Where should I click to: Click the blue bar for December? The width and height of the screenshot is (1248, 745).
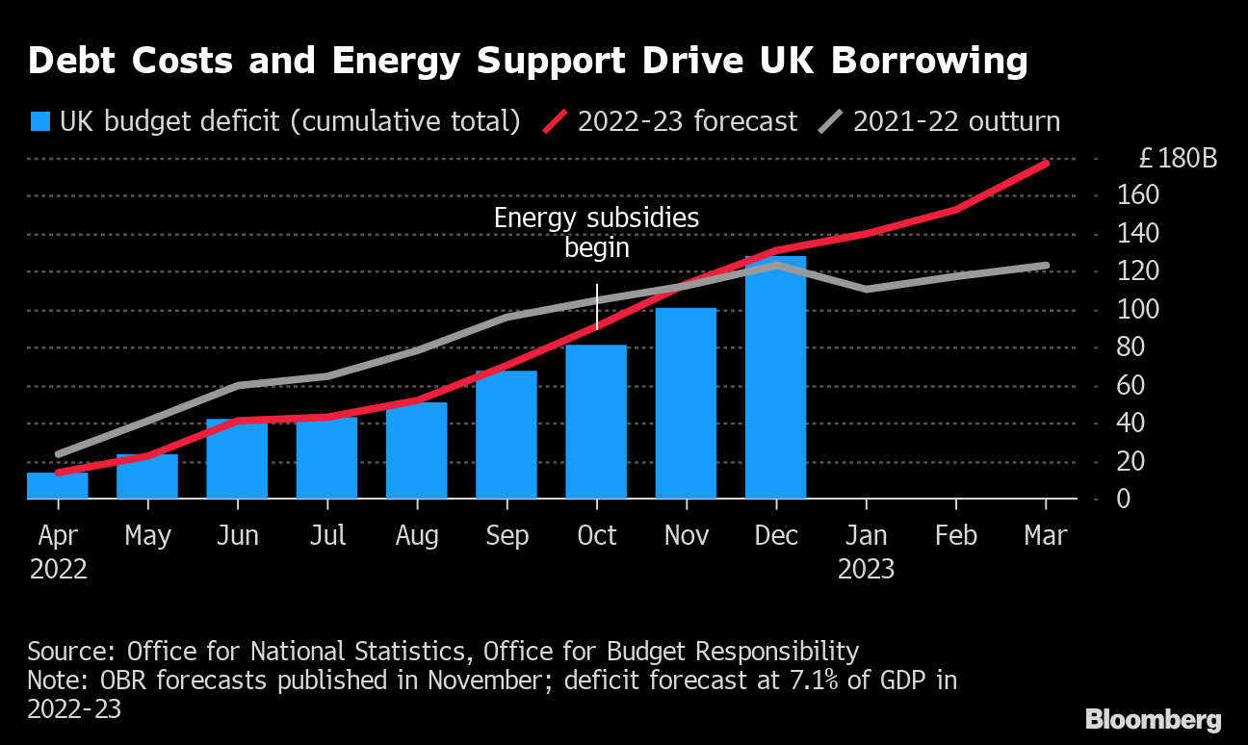(x=776, y=377)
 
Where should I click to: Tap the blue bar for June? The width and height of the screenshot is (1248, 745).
(x=237, y=459)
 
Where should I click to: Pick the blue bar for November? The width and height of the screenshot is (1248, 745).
(x=686, y=403)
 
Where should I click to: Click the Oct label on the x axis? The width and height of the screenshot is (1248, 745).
(x=596, y=535)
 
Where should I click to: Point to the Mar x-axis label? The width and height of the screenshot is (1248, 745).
(x=1046, y=535)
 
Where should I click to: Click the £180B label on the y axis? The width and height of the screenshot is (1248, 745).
(x=1178, y=158)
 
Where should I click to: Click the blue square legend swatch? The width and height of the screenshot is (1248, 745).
(x=39, y=121)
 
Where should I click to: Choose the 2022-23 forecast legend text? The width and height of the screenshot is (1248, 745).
(x=688, y=121)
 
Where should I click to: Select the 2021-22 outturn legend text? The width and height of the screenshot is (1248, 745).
(x=956, y=121)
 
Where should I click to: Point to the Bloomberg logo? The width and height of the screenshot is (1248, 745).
(x=1153, y=719)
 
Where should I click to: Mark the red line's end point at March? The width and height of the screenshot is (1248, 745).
(x=1046, y=164)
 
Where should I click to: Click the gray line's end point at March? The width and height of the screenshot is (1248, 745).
(x=1046, y=265)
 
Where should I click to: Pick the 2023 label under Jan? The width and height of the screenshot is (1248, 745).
(x=866, y=569)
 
